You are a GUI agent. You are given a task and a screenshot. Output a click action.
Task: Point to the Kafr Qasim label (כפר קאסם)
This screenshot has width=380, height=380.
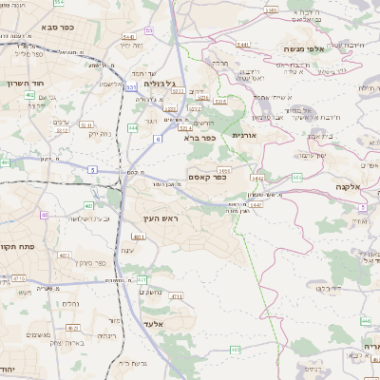(x=206, y=176)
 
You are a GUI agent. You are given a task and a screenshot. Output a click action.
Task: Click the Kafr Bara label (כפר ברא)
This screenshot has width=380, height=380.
(x=200, y=138)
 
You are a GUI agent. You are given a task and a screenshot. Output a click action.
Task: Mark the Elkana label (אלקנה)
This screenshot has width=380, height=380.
(x=348, y=187)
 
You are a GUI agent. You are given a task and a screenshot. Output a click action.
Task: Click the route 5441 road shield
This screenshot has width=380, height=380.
(x=242, y=44)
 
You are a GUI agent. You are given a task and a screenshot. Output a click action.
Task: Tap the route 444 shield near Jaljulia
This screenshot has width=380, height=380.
(x=132, y=126)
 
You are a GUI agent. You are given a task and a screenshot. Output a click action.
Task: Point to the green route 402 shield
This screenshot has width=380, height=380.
(x=29, y=95)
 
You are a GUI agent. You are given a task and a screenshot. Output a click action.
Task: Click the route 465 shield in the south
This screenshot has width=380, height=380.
(x=235, y=350)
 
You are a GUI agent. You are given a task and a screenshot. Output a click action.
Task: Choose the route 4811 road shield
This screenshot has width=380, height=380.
(x=139, y=237)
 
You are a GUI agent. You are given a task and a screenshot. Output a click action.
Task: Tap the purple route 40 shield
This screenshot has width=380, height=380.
(x=44, y=215)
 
